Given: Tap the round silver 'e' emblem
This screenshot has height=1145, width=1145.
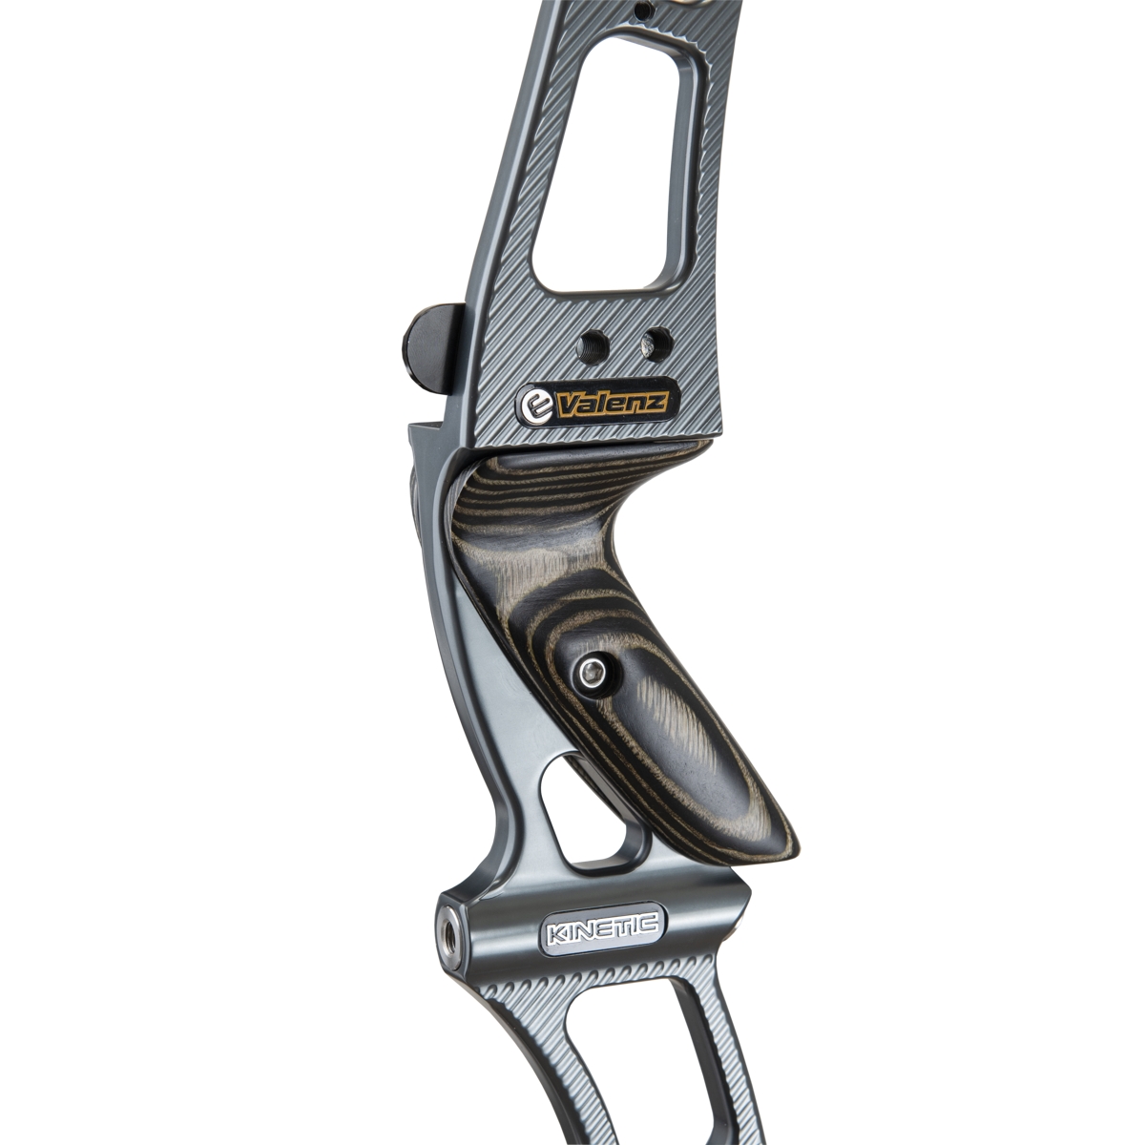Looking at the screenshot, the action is (x=534, y=406).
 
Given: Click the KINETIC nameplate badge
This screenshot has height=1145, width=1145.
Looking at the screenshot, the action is (x=602, y=936).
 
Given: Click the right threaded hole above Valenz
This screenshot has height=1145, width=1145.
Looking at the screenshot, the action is (x=656, y=344).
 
